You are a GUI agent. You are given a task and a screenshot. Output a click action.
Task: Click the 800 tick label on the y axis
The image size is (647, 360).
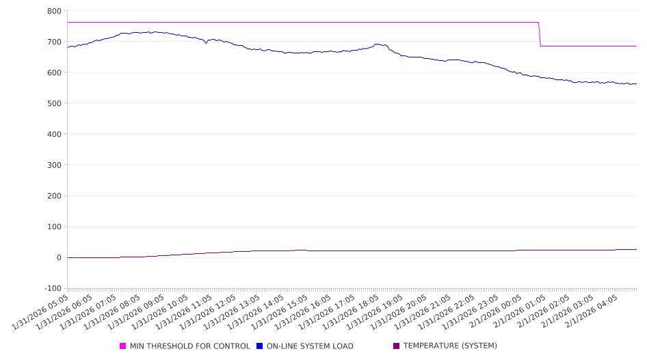point(54,11)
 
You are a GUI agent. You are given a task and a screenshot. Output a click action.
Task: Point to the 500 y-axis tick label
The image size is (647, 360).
point(54,103)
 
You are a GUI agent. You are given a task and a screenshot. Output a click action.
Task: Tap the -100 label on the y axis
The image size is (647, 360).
point(51,288)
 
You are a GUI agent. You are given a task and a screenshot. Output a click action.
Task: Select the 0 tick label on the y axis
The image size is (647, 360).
point(59,257)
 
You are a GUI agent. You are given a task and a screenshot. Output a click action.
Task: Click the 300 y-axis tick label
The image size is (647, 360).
point(54,165)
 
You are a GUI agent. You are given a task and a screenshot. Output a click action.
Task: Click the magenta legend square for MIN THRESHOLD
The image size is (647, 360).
point(123,346)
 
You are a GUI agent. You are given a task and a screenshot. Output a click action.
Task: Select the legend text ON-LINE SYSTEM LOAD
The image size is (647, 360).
point(310,346)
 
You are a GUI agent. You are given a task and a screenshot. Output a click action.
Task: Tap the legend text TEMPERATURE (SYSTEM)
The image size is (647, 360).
point(450,346)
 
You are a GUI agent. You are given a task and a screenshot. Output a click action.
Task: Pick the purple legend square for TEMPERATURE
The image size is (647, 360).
point(397,346)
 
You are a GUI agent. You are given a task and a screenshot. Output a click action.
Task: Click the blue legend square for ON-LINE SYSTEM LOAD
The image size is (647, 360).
point(260,346)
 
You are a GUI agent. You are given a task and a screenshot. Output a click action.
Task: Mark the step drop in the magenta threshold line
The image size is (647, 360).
point(540,34)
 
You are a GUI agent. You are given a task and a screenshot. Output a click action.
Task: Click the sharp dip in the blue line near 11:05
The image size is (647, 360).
point(206,43)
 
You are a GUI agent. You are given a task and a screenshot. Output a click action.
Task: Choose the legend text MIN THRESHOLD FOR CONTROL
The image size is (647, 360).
point(189,346)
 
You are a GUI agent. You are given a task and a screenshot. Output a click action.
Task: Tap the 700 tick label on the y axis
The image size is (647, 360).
point(54,42)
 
